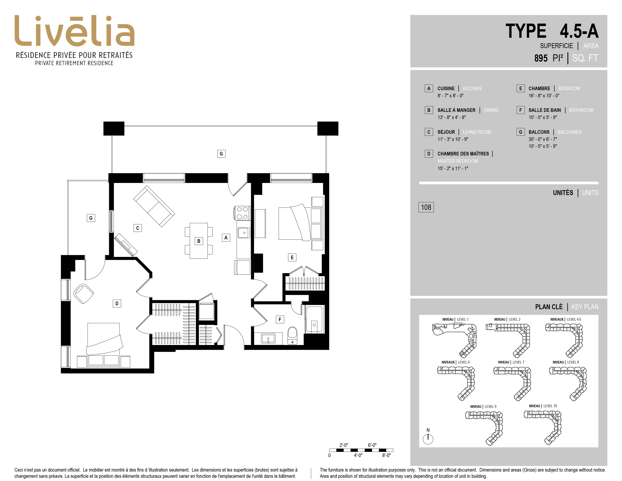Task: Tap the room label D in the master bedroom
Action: tap(117, 304)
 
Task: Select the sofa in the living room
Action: tap(154, 206)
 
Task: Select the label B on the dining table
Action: tap(199, 241)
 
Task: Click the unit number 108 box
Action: tap(426, 207)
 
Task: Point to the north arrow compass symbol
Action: tap(428, 439)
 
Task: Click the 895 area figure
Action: tap(541, 58)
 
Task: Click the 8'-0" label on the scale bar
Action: tap(386, 455)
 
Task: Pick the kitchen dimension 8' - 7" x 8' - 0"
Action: tap(450, 96)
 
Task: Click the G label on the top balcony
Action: tap(221, 154)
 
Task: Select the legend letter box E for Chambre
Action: tap(521, 88)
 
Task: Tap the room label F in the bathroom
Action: tap(280, 319)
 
